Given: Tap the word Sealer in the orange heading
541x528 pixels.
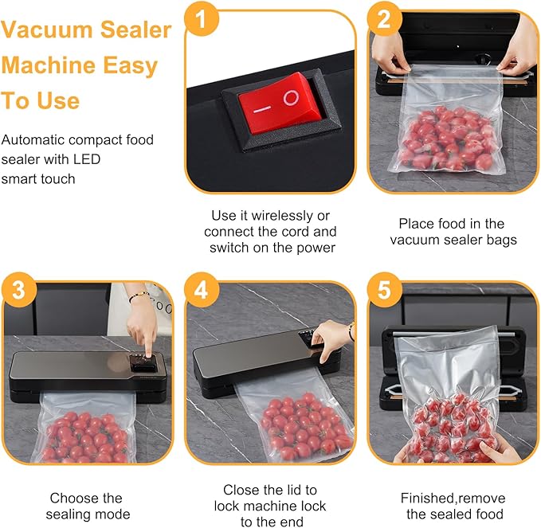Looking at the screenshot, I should [x=135, y=30].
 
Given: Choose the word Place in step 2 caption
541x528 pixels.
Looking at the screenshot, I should [x=416, y=224].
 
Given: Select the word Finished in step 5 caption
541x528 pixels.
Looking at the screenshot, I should [x=427, y=498].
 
